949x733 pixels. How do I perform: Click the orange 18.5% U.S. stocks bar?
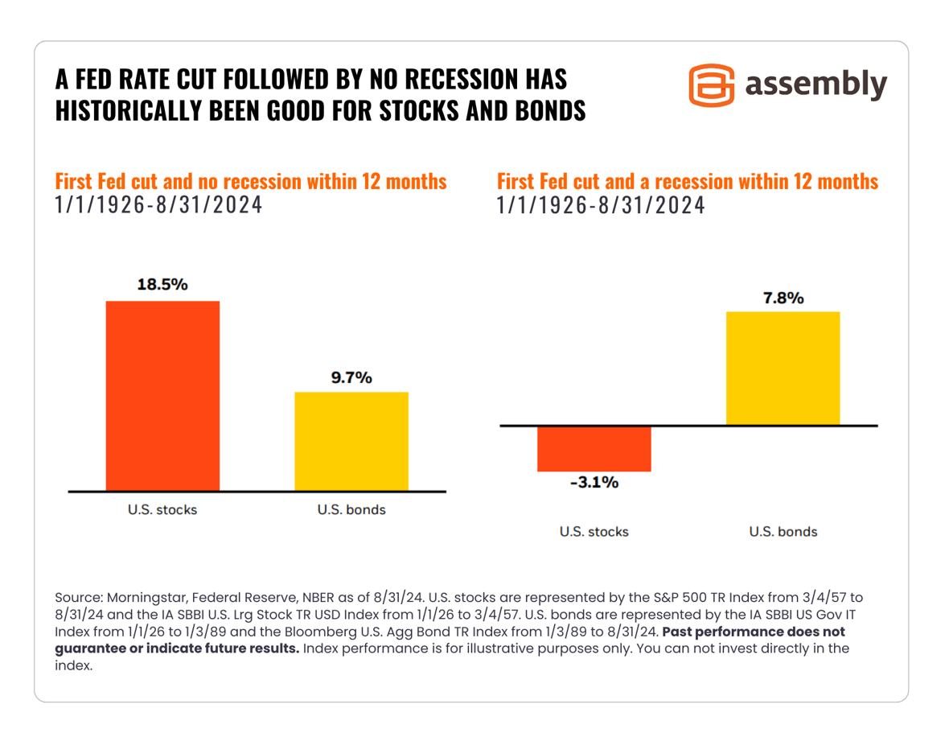click(162, 396)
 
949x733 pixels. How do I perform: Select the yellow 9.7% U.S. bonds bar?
click(351, 441)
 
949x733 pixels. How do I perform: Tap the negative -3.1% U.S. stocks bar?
click(594, 448)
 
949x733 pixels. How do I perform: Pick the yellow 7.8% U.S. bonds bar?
click(783, 368)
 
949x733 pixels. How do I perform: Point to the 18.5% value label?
click(162, 285)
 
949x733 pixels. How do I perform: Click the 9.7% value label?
click(351, 377)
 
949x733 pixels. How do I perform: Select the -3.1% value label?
click(594, 483)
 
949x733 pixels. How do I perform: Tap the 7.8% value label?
click(783, 298)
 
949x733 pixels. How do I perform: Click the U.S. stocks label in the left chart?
click(162, 509)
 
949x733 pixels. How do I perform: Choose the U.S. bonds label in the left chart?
click(351, 509)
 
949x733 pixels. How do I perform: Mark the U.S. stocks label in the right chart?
click(594, 532)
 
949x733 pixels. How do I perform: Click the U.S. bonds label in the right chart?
click(783, 532)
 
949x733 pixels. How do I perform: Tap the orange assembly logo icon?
click(712, 84)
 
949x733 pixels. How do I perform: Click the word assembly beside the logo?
click(816, 84)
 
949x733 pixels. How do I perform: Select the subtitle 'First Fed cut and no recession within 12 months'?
click(250, 181)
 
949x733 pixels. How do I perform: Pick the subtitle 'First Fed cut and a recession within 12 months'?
click(688, 181)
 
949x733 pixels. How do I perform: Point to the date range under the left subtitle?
click(158, 205)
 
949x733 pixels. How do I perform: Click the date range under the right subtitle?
click(601, 205)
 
